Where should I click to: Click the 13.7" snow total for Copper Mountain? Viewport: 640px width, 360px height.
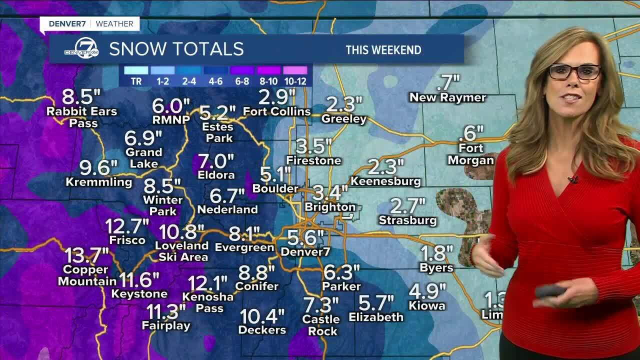coord(86,256)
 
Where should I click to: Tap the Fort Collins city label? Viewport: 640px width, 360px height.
coord(276,111)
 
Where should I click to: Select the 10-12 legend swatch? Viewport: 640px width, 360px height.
coord(295,70)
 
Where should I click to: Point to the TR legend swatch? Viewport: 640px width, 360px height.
coord(136,70)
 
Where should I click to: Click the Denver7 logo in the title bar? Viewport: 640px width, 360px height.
coord(81,48)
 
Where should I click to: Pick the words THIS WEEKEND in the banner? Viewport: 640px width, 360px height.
coord(383,50)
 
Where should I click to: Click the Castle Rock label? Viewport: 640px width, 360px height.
coord(321,325)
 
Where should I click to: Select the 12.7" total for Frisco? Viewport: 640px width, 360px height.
coord(127,226)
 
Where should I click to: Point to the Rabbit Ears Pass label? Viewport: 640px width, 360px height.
coord(82,117)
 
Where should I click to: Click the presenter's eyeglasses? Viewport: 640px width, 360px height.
coord(574,71)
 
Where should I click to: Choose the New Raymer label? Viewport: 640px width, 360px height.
coord(447,97)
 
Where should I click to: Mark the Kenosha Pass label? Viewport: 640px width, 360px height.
coord(208,302)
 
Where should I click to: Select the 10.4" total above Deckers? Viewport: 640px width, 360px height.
coord(262,316)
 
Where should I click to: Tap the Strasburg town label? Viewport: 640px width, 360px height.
coord(407,220)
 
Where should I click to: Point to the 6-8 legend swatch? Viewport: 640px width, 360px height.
coord(242,70)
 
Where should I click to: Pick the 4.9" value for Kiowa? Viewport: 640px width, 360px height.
coord(427,290)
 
